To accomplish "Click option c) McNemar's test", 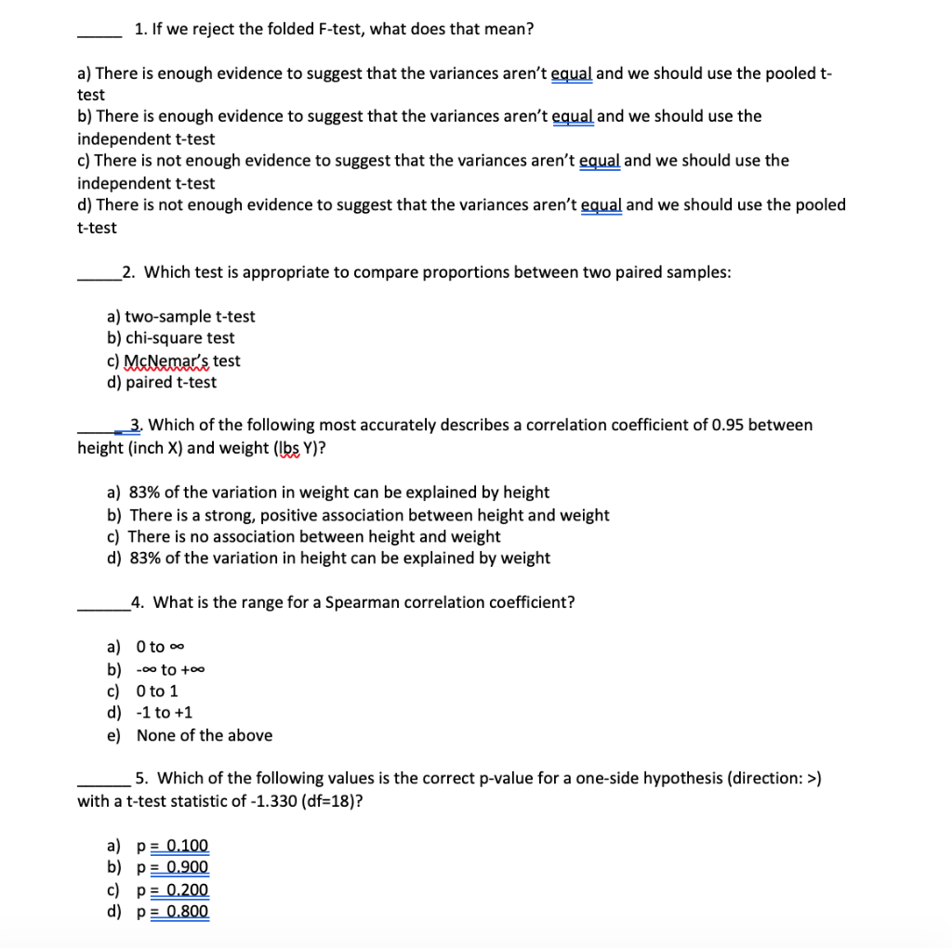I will click(x=174, y=361).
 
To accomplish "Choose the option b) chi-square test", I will click(x=171, y=338).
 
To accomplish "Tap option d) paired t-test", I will click(x=163, y=382).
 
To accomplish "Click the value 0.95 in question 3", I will click(x=726, y=425).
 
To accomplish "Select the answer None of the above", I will click(x=205, y=735).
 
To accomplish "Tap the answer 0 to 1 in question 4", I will click(x=157, y=691).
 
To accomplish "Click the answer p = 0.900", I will click(x=173, y=868).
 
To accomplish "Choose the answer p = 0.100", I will click(x=173, y=846).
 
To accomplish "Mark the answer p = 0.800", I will click(x=173, y=912).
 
